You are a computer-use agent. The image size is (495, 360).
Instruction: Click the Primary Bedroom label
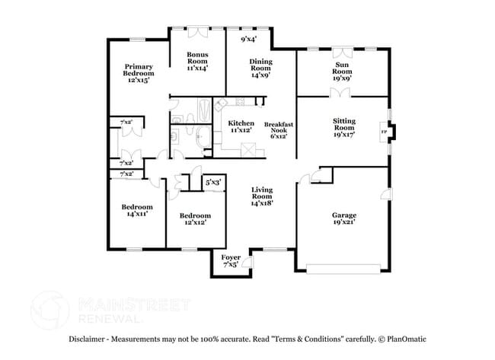pos(139,73)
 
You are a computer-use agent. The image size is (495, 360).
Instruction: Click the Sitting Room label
pos(343,128)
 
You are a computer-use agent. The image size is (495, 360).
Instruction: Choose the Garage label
pos(343,219)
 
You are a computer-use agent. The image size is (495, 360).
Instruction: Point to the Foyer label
pos(231,262)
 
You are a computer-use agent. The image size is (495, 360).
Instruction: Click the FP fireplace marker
pos(383,131)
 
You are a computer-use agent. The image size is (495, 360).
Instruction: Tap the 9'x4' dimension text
pos(248,39)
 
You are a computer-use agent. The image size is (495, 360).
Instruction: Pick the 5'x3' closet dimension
pos(213,182)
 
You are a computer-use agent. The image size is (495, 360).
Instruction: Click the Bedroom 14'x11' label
pos(137,210)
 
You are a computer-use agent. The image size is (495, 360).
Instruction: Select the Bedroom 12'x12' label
pos(196,219)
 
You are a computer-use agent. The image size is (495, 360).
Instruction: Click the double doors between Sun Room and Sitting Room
pos(340,93)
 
